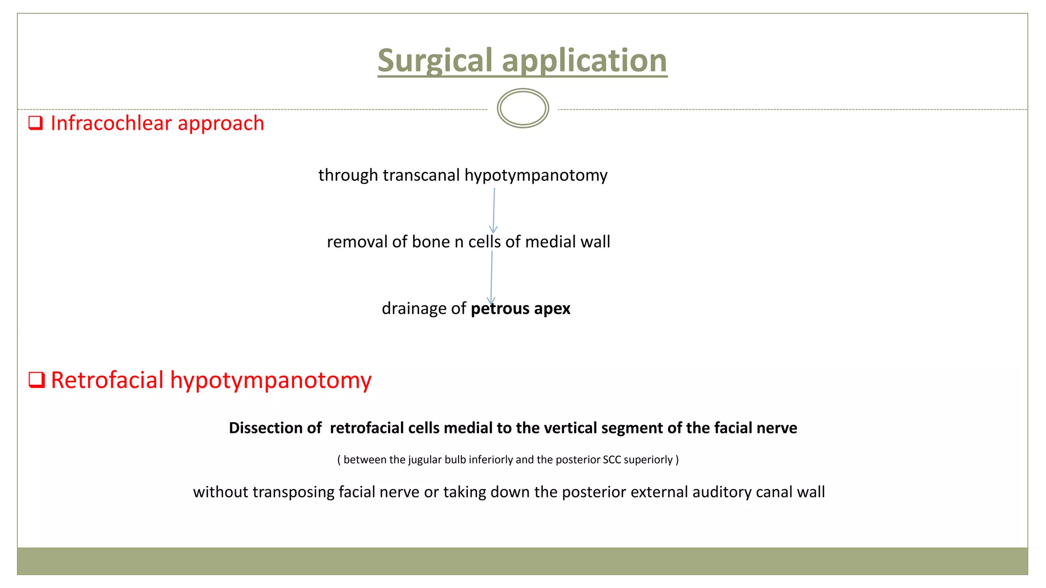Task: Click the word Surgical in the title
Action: [x=435, y=61]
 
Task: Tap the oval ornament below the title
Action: [x=522, y=108]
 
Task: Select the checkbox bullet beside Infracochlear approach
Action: [x=36, y=123]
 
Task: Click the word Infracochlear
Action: [x=111, y=123]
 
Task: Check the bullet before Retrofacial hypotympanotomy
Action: [x=37, y=380]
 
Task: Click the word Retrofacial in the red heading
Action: [x=107, y=380]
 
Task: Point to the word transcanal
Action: [x=421, y=175]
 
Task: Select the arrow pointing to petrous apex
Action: [x=491, y=278]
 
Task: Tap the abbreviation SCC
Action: [x=612, y=460]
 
